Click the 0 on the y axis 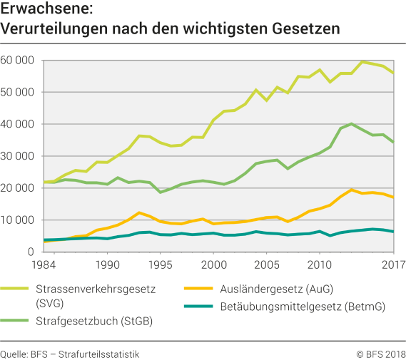(31, 252)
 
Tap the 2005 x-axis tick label (267, 264)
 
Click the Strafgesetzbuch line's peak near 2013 (351, 124)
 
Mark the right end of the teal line (394, 232)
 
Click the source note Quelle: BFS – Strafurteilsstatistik (70, 353)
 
